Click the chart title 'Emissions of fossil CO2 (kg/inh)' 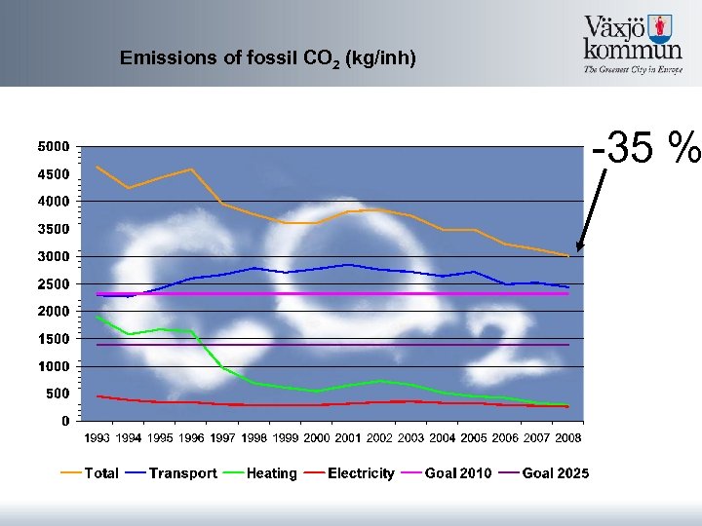coord(268,58)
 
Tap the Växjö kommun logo coord(632,44)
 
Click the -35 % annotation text coord(645,148)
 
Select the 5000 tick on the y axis coord(53,147)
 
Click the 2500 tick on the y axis coord(53,284)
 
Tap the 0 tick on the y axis coord(64,422)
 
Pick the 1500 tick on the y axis coord(53,339)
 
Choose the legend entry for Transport coord(182,473)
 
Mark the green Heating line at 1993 coord(97,317)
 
